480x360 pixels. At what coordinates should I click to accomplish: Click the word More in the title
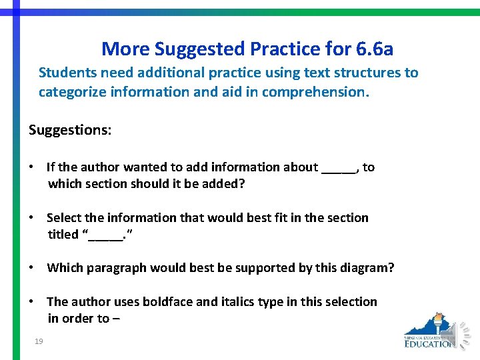click(125, 49)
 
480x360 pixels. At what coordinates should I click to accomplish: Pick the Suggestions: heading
click(70, 129)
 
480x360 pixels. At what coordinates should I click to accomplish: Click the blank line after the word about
click(339, 168)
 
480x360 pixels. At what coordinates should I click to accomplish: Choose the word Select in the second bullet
click(64, 217)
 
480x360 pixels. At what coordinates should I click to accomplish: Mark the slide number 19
click(39, 342)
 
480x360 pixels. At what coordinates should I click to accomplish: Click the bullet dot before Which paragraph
click(32, 267)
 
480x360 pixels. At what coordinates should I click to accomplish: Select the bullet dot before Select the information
click(32, 217)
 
